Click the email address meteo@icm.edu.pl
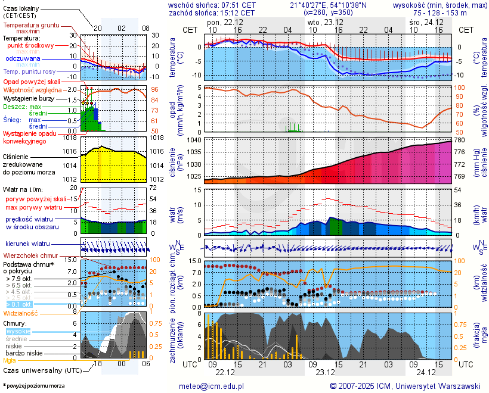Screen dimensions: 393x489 point(212,386)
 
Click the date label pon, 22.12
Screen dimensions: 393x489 point(221,22)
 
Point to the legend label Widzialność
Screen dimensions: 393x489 point(21,313)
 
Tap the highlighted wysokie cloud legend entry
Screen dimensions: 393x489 point(18,331)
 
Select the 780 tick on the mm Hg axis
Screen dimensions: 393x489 point(460,141)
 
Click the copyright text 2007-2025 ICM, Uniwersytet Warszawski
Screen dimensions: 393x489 point(409,386)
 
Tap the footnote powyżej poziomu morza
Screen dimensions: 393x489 point(33,386)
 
